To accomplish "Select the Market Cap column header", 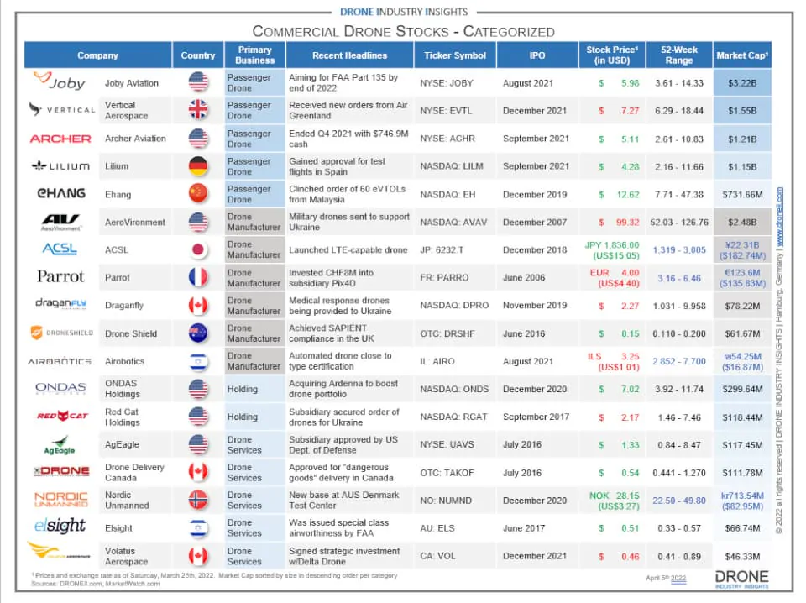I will pyautogui.click(x=741, y=55).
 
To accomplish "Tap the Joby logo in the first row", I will pyautogui.click(x=60, y=82).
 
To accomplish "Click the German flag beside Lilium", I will pyautogui.click(x=198, y=166).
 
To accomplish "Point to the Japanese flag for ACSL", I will pyautogui.click(x=198, y=249).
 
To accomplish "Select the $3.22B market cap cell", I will pyautogui.click(x=741, y=83).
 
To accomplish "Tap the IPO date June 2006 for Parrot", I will pyautogui.click(x=524, y=277).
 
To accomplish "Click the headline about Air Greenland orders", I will pyautogui.click(x=348, y=111).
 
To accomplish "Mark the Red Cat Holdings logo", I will pyautogui.click(x=61, y=417).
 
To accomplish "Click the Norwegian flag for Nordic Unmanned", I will pyautogui.click(x=198, y=500).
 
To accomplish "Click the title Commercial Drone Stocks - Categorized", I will pyautogui.click(x=403, y=32).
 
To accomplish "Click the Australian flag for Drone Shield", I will pyautogui.click(x=198, y=333).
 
